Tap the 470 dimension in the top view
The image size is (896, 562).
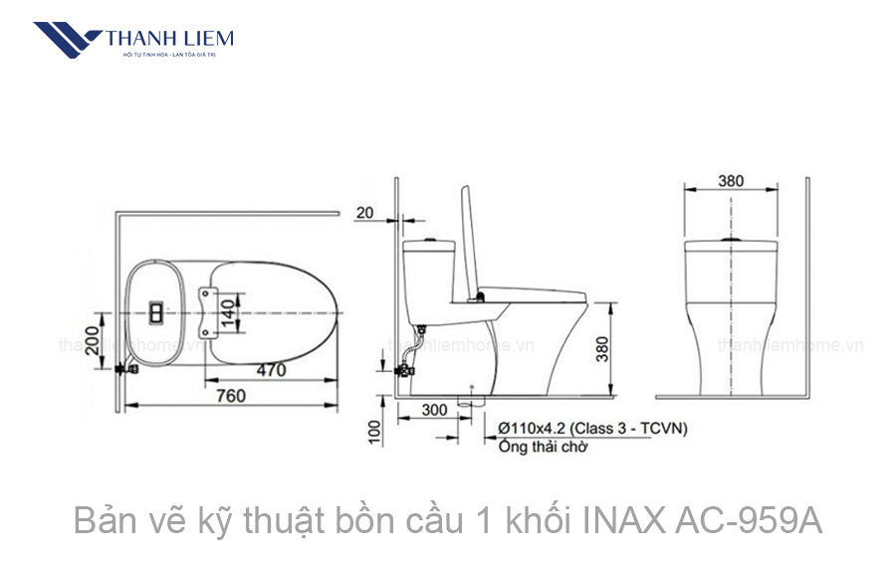(268, 370)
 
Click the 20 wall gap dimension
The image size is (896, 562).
(364, 212)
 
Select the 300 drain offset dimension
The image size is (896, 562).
(434, 409)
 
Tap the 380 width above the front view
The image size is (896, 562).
(731, 182)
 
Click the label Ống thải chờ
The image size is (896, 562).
(543, 447)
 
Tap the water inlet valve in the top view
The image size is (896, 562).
(123, 369)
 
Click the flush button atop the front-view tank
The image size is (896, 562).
(732, 240)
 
